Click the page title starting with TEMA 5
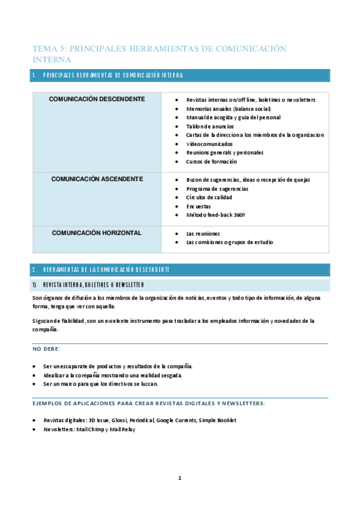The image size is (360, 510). click(x=159, y=54)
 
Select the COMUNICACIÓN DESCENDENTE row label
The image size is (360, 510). click(x=96, y=99)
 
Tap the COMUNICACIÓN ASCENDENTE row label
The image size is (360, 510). click(x=97, y=179)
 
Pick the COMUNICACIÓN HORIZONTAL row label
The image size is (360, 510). click(x=97, y=233)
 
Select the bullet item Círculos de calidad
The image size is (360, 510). click(x=209, y=197)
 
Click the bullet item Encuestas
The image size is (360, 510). click(x=199, y=206)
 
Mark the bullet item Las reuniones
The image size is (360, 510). click(x=203, y=233)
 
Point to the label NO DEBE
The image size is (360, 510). click(x=46, y=349)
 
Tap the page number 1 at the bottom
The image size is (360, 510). click(x=179, y=478)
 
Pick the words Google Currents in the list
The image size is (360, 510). click(x=174, y=420)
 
